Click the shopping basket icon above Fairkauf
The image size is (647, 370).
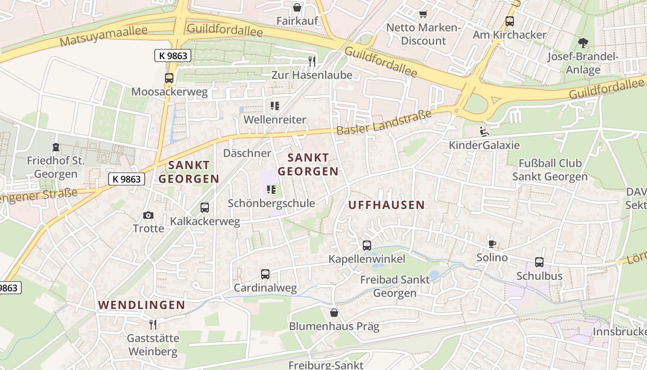[x=297, y=7]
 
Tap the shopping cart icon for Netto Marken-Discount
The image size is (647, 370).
[x=423, y=14]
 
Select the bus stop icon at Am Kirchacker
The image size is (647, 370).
[x=510, y=21]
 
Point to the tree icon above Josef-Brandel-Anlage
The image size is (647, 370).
[x=583, y=43]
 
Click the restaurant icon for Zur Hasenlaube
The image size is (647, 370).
[x=312, y=61]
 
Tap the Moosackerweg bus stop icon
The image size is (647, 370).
[x=169, y=78]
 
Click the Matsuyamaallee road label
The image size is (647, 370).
[x=104, y=36]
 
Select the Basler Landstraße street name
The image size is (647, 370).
[x=384, y=123]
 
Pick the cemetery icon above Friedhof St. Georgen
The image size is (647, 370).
[x=56, y=148]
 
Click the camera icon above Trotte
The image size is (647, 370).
[x=148, y=215]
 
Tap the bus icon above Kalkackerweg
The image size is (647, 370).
[x=205, y=208]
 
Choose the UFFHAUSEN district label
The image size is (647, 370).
[x=386, y=205]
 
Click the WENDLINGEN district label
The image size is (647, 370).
[x=141, y=305]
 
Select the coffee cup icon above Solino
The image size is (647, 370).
[x=492, y=244]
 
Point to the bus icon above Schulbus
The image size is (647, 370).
[x=539, y=262]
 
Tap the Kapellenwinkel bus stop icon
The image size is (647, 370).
[x=367, y=246]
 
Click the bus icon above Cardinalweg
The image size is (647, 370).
[x=265, y=274]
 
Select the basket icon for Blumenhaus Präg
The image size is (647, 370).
[x=334, y=313]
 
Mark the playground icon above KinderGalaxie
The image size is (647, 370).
[x=484, y=132]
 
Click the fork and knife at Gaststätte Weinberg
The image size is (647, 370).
[x=153, y=324]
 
